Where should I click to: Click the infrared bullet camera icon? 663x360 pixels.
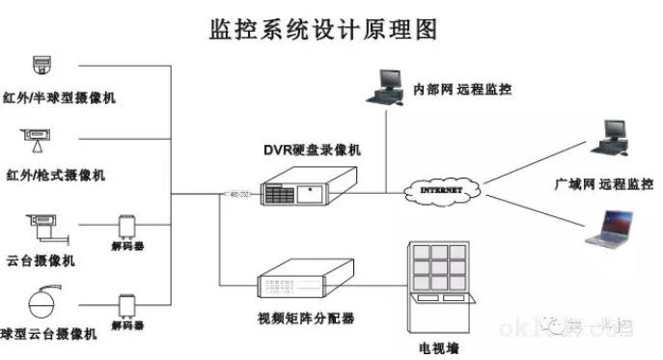click(36, 145)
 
